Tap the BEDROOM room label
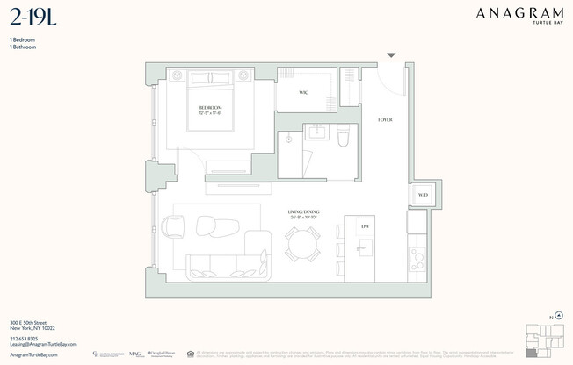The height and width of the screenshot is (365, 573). click(x=210, y=109)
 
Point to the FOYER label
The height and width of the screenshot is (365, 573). click(x=385, y=119)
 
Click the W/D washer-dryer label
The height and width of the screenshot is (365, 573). click(x=423, y=196)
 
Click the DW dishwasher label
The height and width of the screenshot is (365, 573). click(x=364, y=227)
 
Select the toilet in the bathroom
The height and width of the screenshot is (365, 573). click(x=344, y=136)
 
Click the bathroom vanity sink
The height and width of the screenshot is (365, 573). click(x=316, y=134)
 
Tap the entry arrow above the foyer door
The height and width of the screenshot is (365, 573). click(x=391, y=56)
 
